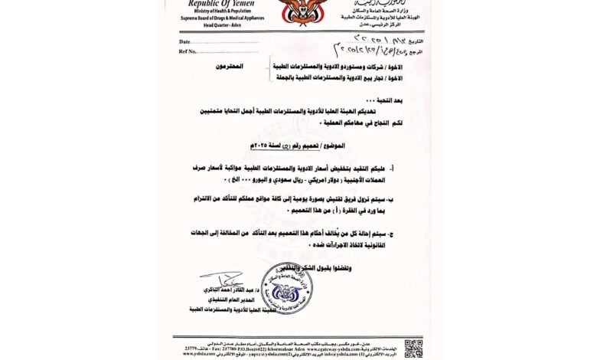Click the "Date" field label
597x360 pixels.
pyautogui.click(x=184, y=41)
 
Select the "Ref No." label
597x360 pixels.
pyautogui.click(x=188, y=51)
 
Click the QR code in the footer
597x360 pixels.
pyautogui.click(x=413, y=348)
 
